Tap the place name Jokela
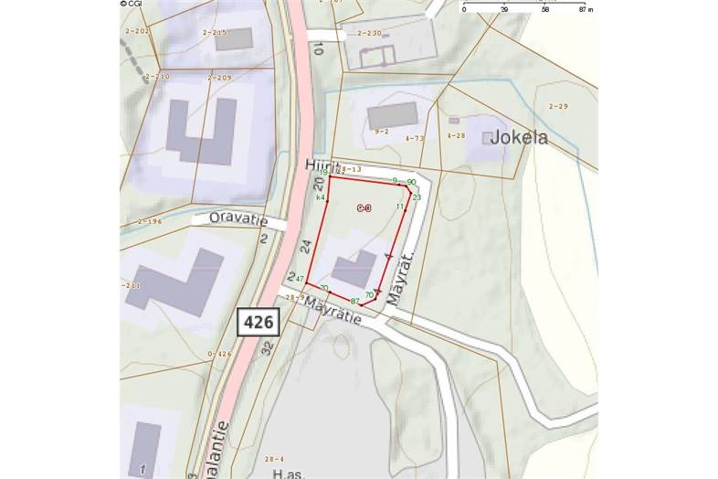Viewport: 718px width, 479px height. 519,139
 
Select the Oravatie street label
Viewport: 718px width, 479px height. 236,218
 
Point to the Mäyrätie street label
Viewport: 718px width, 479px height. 334,311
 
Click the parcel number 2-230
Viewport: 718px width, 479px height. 370,33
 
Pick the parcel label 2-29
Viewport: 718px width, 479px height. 558,107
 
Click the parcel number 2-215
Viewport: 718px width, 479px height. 215,33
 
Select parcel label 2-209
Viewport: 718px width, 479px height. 220,78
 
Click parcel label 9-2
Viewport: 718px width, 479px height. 381,132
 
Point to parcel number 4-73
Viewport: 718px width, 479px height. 414,138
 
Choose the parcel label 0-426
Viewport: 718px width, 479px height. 220,353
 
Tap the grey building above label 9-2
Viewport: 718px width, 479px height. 392,115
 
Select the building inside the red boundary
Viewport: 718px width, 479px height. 354,268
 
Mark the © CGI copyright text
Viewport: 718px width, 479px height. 131,4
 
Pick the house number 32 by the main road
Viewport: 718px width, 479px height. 267,347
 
